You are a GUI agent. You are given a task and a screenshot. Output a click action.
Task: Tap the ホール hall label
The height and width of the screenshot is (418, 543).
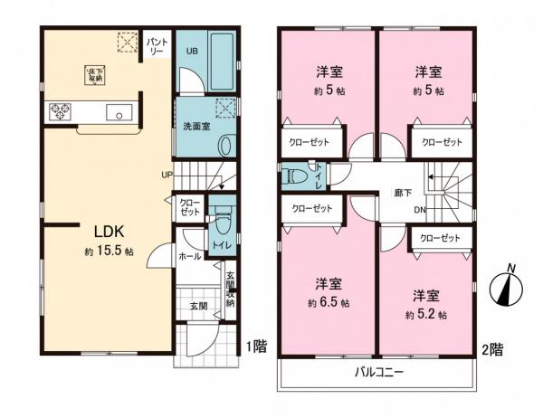(x=189, y=256)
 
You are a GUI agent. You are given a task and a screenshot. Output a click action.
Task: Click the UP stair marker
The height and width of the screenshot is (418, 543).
(x=167, y=175)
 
